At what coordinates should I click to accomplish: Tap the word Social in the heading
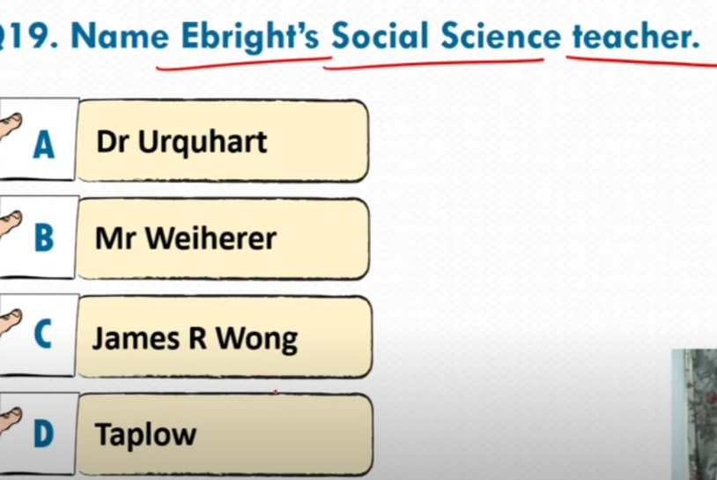click(380, 35)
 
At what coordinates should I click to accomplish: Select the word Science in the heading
click(500, 35)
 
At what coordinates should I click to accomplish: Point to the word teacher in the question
click(636, 35)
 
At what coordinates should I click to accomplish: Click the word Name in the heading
click(120, 35)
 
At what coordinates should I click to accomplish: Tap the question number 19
click(26, 35)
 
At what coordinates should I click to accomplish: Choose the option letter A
click(43, 144)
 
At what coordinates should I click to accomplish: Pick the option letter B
click(44, 237)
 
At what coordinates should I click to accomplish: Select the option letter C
click(42, 334)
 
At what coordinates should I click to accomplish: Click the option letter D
click(43, 433)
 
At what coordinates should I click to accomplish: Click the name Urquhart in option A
click(203, 143)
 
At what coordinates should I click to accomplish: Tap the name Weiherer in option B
click(211, 238)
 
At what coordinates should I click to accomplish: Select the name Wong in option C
click(256, 339)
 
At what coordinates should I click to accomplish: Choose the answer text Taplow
click(145, 434)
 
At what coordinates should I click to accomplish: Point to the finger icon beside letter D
click(10, 421)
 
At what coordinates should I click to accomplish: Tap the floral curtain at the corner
click(695, 414)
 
